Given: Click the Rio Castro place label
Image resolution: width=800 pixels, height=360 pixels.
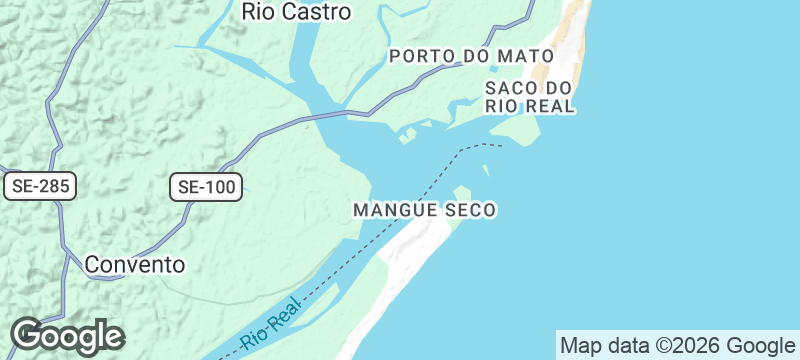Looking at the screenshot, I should pyautogui.click(x=297, y=12).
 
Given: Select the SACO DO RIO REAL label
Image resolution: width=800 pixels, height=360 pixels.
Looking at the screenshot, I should pyautogui.click(x=529, y=96).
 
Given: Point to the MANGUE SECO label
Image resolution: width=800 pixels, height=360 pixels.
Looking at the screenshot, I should pyautogui.click(x=425, y=211).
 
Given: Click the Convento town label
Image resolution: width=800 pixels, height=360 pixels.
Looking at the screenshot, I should pyautogui.click(x=135, y=265).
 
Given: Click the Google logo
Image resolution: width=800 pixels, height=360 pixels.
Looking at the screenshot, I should pyautogui.click(x=67, y=336).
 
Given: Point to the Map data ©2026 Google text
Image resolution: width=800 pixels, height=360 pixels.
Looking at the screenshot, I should pyautogui.click(x=677, y=346).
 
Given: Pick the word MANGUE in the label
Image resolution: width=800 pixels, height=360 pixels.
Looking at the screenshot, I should pyautogui.click(x=394, y=211).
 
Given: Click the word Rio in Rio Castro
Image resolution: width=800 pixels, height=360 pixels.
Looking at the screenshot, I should pyautogui.click(x=259, y=12).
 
